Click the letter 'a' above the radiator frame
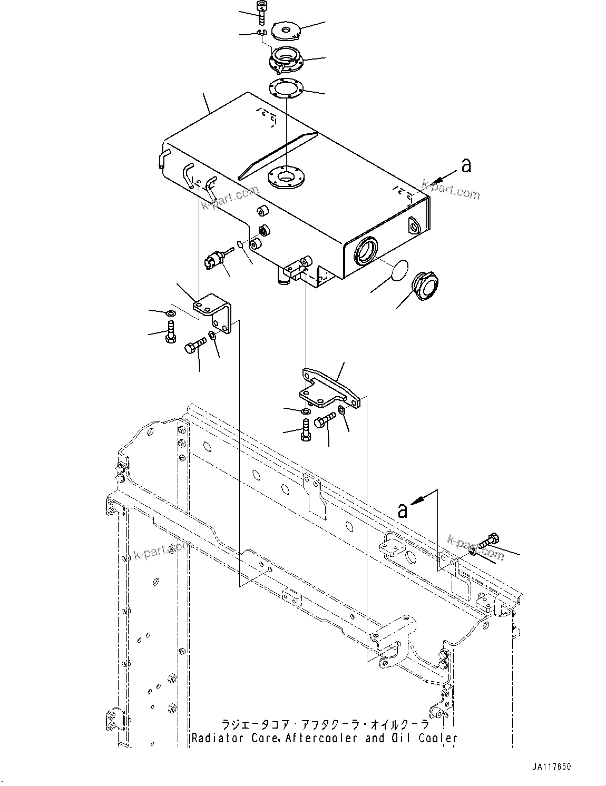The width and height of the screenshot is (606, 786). point(403,510)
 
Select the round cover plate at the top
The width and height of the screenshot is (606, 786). point(285,30)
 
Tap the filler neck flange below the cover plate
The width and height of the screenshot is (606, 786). point(285,59)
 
